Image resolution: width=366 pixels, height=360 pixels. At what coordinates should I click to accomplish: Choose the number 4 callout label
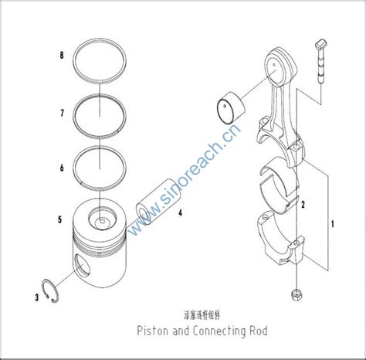coord(179,211)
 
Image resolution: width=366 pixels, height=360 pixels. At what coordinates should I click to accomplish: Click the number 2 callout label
coord(304,205)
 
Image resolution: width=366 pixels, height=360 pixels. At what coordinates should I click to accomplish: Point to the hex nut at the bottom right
coord(296,296)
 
